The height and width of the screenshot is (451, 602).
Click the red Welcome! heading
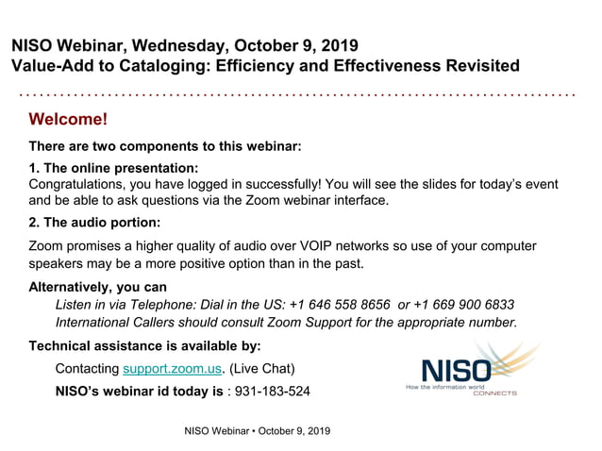click(68, 120)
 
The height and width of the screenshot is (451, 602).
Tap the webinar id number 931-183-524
click(271, 391)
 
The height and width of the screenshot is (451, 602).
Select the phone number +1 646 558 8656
click(341, 304)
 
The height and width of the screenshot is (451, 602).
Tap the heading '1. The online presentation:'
click(113, 168)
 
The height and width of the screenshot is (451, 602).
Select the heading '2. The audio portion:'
click(94, 223)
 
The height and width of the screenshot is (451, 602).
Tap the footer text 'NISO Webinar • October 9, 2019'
click(257, 431)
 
